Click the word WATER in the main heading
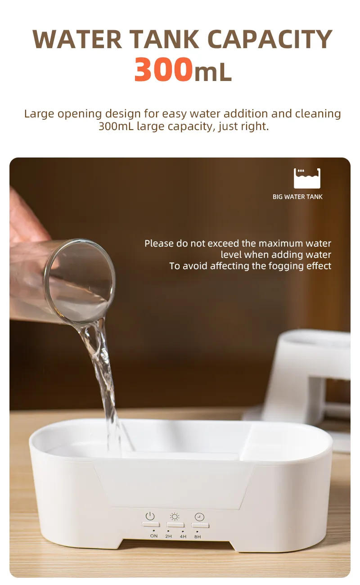tap(77, 39)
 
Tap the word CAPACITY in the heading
tap(270, 39)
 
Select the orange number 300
tap(163, 70)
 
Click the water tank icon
tap(307, 178)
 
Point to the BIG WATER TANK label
tap(297, 197)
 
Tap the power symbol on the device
tap(150, 516)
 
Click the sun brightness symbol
tap(175, 517)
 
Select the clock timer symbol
tap(199, 517)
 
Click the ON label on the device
tap(154, 536)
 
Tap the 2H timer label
tap(168, 536)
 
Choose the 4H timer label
tap(183, 536)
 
